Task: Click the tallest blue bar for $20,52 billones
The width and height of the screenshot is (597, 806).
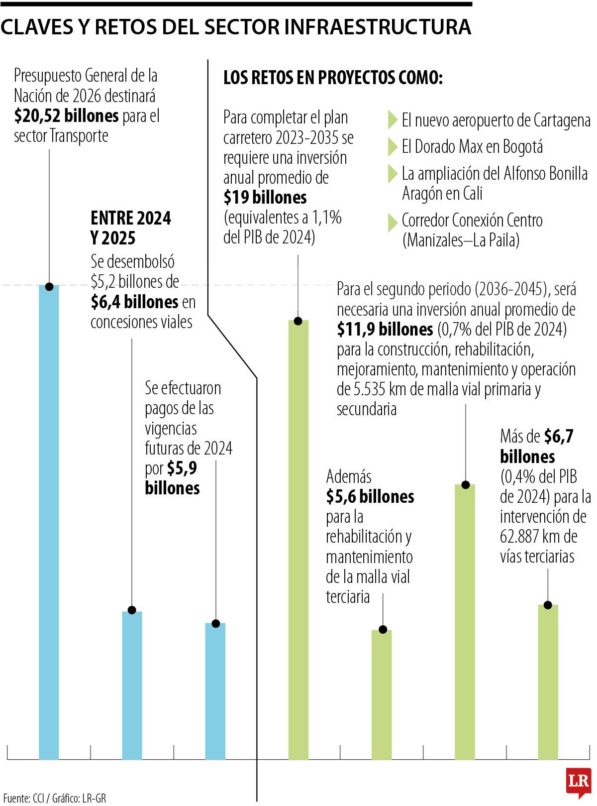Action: pos(49,523)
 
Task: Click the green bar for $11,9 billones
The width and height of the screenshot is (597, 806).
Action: pos(465,622)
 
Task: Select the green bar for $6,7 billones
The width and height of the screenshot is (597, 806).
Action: pos(548,682)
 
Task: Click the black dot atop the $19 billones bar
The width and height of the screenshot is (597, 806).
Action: pos(298,321)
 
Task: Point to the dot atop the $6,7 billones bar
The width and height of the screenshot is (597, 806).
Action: pos(548,605)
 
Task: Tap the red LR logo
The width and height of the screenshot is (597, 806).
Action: pos(579,783)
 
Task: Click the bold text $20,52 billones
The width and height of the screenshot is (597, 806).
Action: pos(66,116)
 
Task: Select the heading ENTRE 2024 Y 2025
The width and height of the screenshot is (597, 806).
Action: pos(130,228)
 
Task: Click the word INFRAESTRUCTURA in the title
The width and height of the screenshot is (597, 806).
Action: pos(378,27)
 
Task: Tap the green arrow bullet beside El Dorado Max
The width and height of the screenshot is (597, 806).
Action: pos(392,147)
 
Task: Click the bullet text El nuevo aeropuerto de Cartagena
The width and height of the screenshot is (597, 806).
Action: pos(496,120)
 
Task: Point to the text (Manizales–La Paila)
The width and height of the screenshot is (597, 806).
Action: pos(461,240)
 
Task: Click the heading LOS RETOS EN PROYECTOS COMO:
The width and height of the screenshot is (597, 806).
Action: pos(333,78)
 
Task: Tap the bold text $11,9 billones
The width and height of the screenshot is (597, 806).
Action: pos(385,329)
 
